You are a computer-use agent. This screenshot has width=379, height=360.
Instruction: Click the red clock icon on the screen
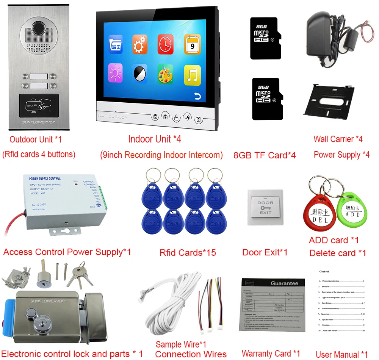tap(166, 44)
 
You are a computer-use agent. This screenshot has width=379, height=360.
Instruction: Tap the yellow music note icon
tap(192, 75)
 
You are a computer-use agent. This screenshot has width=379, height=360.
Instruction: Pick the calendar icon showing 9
tap(192, 44)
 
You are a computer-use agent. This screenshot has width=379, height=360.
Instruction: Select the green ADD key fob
tap(352, 213)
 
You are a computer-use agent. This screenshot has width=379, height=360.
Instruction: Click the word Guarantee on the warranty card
tap(284, 283)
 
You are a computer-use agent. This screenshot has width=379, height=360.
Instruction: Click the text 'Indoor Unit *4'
tap(155, 139)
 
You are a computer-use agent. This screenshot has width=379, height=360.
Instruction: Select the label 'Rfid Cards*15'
tap(188, 252)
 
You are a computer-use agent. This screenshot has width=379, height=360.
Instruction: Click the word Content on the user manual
tap(324, 271)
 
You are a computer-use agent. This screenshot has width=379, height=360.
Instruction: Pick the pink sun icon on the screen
tap(115, 73)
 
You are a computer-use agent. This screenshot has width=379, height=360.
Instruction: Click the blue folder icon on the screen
tap(115, 45)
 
